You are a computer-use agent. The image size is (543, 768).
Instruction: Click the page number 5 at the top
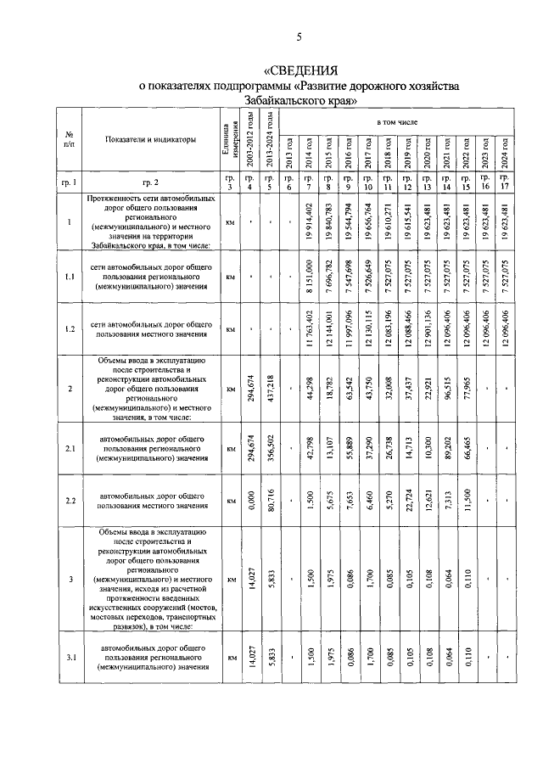click(299, 37)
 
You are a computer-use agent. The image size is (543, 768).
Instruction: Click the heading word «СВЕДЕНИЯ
click(302, 70)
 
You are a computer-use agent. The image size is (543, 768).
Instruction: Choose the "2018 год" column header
click(387, 151)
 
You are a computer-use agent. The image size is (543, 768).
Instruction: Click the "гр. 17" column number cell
click(505, 182)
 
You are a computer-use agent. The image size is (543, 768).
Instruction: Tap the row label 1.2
click(68, 328)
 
